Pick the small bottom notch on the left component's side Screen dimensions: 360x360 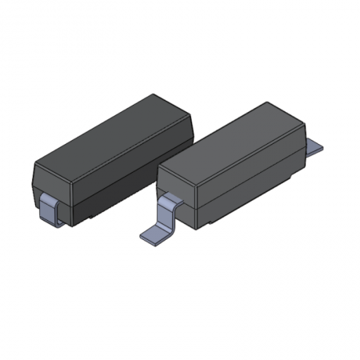click(x=94, y=214)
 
